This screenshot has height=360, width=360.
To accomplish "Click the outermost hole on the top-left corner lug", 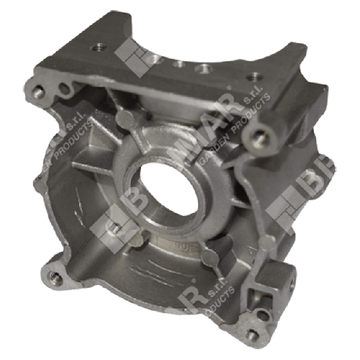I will point(38,91).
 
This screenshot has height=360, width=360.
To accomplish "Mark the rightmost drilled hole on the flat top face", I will point(254,77).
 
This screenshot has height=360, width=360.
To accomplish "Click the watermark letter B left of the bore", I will point(123,210).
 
